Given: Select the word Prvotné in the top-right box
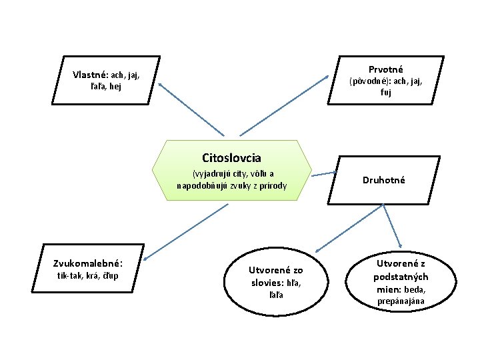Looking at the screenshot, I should [x=385, y=69].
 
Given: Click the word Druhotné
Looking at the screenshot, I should [x=383, y=179].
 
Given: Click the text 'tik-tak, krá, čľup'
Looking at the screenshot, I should [x=87, y=275].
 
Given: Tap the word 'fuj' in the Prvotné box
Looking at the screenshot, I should [x=386, y=93].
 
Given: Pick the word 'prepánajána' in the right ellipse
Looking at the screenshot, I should [x=401, y=301].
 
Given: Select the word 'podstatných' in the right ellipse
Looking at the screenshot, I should [x=401, y=277].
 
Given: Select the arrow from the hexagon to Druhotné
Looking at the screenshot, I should [x=325, y=174].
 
